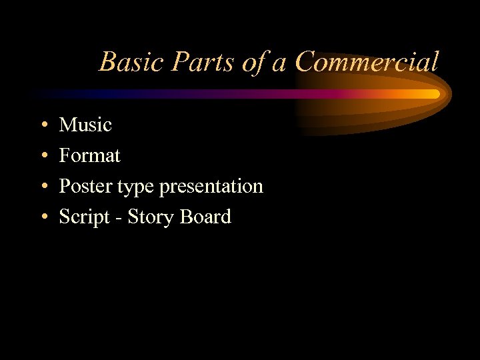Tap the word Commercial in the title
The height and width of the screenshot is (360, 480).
point(367,63)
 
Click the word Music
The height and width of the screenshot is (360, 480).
point(85,125)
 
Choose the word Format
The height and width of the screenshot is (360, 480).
point(89,156)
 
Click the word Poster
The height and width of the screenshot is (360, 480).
point(85,187)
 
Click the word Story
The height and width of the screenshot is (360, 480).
point(149,217)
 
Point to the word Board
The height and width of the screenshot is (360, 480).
point(204,217)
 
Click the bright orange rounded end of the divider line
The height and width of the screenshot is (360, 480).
point(435,94)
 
